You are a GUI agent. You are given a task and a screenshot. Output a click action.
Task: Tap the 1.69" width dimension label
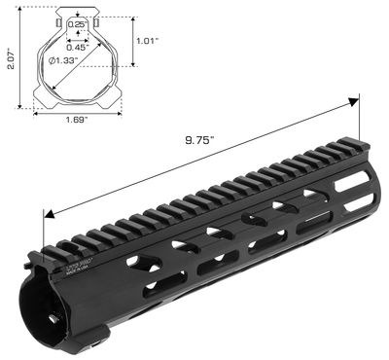(x=77, y=121)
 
